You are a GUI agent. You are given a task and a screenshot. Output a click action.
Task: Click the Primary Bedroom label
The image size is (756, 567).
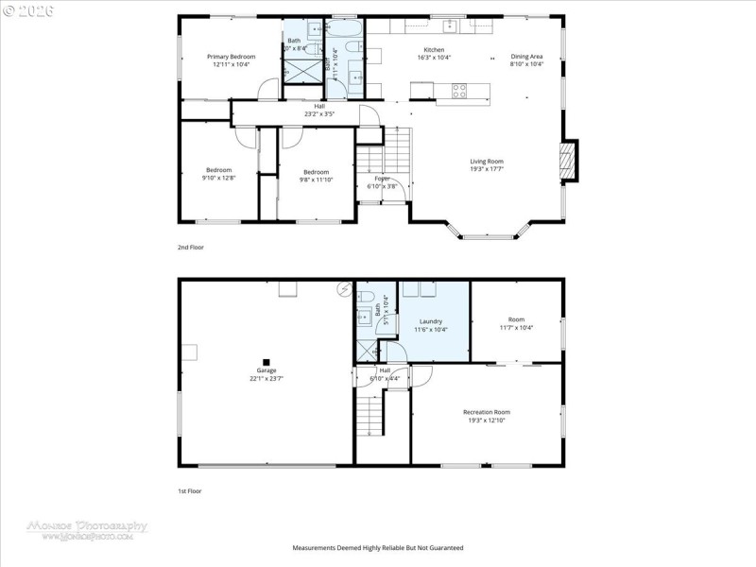pos(232,57)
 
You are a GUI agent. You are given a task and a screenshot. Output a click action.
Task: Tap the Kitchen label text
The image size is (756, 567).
pos(434,50)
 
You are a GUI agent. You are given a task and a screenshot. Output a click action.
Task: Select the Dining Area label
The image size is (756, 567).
pos(526,57)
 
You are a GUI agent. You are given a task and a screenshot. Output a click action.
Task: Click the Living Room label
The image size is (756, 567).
pos(487,161)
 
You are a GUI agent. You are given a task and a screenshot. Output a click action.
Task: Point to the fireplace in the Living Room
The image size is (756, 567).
pos(569,161)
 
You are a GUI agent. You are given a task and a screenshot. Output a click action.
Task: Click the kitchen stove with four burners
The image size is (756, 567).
pos(459,91)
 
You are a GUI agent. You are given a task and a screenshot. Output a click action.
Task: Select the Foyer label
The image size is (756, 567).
pos(382,178)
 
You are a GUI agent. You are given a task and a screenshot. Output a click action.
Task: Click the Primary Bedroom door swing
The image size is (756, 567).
pos(267,92)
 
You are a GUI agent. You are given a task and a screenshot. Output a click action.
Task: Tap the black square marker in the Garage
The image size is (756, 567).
pos(266,361)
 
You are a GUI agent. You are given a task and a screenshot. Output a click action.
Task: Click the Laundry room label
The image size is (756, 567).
pos(431,321)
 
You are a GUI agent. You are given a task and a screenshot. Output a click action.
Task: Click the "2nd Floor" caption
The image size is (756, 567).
pos(191,247)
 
